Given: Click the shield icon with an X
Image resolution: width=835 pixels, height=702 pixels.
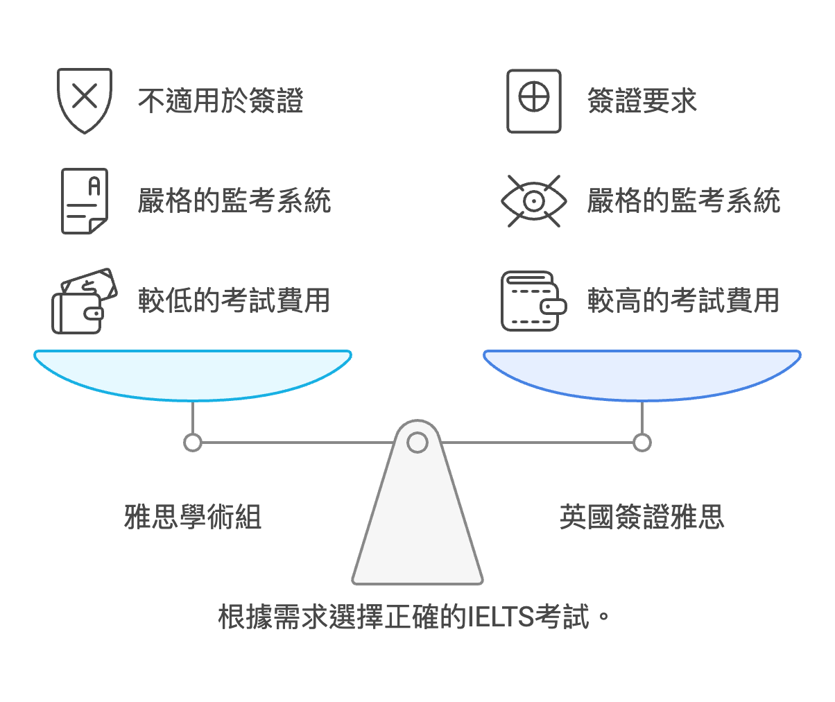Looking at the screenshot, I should (x=84, y=100).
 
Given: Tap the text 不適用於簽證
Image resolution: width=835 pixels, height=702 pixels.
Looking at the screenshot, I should (x=221, y=101).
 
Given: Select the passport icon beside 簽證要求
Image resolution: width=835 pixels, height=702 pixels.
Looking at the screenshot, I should (x=533, y=101).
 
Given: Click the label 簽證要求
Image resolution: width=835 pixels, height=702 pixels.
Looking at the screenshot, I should (x=642, y=101).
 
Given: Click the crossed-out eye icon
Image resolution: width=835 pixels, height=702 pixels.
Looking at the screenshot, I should (x=533, y=201).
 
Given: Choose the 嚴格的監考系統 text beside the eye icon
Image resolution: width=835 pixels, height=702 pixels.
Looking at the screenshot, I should (x=683, y=201).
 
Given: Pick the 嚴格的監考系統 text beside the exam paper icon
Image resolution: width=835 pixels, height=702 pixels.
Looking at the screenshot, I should (x=234, y=201).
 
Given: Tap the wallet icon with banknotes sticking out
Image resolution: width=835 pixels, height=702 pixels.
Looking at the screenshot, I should (x=84, y=301).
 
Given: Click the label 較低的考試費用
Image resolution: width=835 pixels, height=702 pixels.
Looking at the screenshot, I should (x=234, y=301).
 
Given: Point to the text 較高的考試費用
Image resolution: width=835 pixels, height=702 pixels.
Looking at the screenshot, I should (x=683, y=301).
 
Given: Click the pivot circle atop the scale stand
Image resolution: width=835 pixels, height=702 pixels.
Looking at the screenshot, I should (x=417, y=442).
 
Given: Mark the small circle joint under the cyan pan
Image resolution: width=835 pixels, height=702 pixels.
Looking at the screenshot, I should (x=193, y=442).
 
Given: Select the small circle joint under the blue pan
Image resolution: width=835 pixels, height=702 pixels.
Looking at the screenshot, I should (x=642, y=442).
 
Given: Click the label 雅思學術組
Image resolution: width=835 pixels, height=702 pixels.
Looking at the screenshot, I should (x=193, y=517).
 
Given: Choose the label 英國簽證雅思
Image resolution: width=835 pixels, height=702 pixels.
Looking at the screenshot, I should (x=642, y=517).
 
